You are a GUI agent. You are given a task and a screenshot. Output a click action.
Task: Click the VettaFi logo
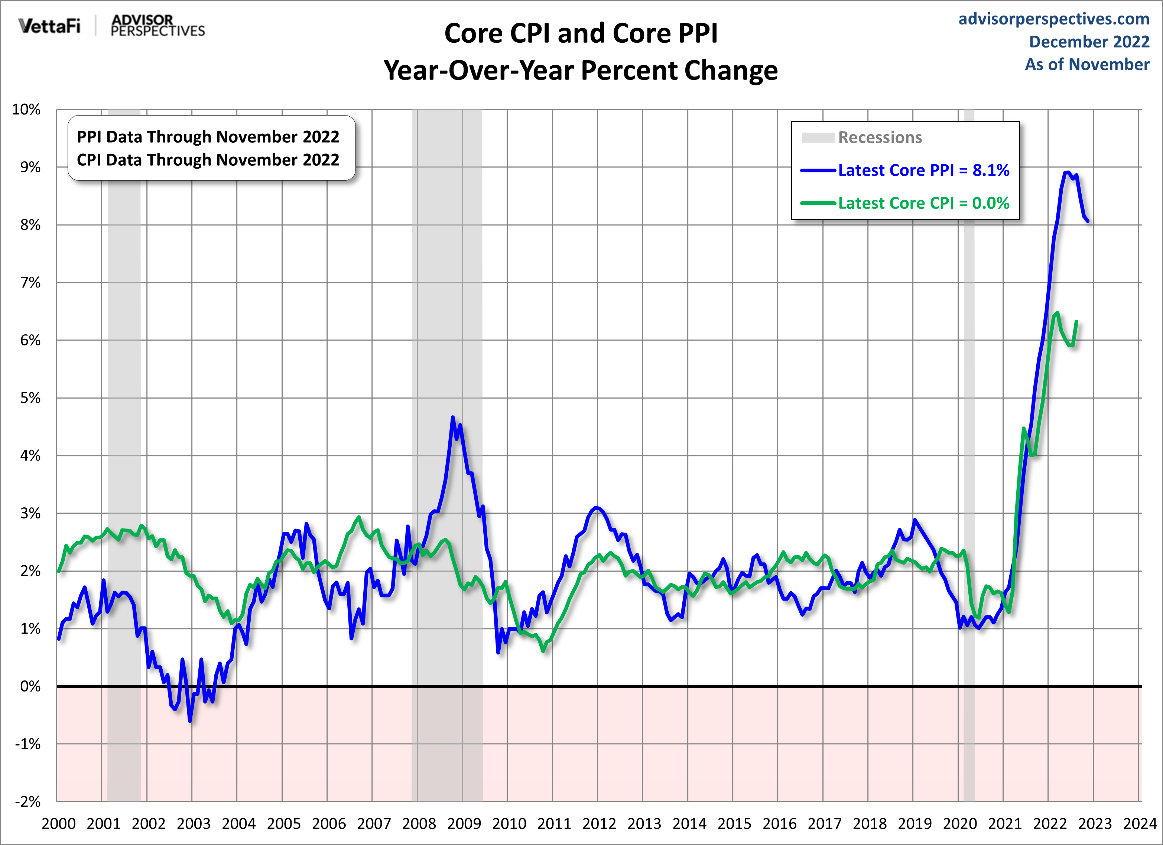click(x=49, y=26)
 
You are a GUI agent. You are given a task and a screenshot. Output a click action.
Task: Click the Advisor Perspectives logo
click(x=157, y=26)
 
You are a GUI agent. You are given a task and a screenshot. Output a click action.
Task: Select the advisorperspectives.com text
click(x=1054, y=19)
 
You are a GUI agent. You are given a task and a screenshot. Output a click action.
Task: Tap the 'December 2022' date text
click(x=1089, y=42)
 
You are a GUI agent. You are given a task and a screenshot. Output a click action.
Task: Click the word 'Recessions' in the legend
click(x=880, y=137)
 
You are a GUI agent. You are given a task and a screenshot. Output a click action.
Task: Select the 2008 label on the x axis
click(x=418, y=823)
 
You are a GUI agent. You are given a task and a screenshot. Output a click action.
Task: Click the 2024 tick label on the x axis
click(x=1139, y=823)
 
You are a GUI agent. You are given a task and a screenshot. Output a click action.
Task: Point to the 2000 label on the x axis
click(x=58, y=823)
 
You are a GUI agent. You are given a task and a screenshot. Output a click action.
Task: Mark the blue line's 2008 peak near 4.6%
click(x=453, y=417)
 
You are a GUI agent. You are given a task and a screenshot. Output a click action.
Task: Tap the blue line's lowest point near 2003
click(x=190, y=721)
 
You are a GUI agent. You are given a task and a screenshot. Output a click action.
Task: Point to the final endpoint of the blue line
click(x=1088, y=221)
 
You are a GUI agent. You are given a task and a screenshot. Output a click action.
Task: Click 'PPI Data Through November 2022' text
click(x=208, y=137)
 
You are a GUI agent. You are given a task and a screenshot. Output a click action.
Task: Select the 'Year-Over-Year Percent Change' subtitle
click(x=581, y=70)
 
